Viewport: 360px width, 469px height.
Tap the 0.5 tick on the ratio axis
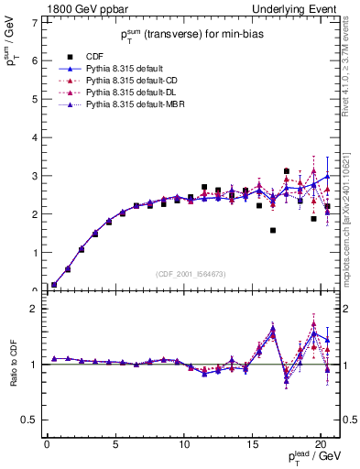[28, 420]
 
